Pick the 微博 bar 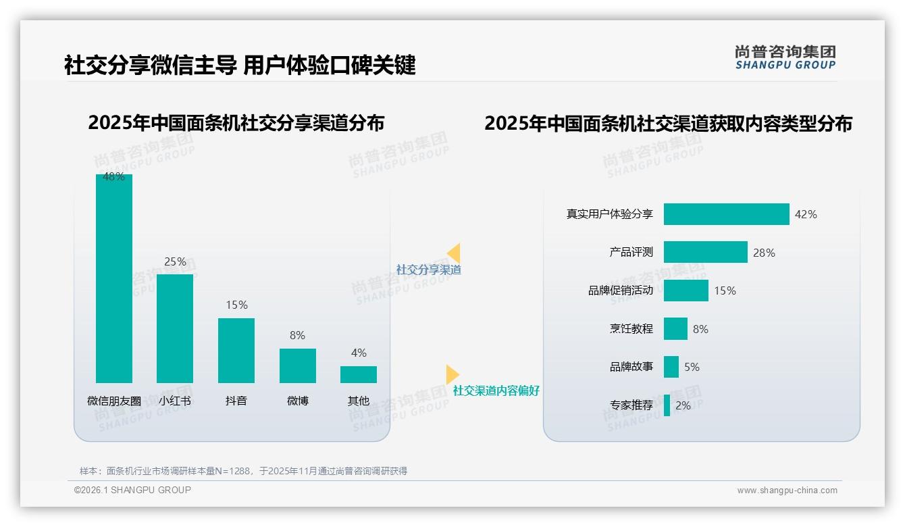point(298,366)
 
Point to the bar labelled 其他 point(359,374)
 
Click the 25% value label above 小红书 point(175,261)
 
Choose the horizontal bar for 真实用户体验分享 point(726,214)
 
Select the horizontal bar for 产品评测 point(705,252)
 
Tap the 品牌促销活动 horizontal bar point(686,291)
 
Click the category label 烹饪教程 point(631,329)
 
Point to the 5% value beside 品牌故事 point(692,368)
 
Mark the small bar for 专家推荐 point(667,405)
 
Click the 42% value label point(806,214)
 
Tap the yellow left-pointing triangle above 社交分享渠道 point(454,253)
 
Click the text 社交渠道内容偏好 point(496,391)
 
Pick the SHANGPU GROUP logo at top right point(785,57)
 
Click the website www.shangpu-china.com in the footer point(787,491)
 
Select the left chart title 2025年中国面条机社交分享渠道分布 point(236,123)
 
